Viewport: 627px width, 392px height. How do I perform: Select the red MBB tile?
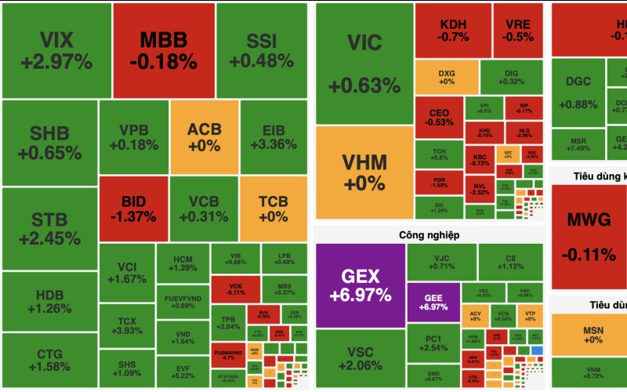click(x=164, y=50)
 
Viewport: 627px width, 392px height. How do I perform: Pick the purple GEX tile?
click(x=360, y=285)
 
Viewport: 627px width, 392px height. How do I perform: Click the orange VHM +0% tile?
click(x=364, y=172)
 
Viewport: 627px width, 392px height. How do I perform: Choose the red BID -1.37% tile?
click(x=133, y=209)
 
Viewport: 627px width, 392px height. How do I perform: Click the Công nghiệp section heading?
click(x=429, y=234)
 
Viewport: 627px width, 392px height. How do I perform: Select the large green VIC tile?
click(x=364, y=63)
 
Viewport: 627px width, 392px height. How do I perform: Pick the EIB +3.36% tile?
click(x=273, y=137)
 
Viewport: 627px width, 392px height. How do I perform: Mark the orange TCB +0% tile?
click(x=273, y=209)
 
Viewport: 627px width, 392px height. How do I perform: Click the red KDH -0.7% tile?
click(x=453, y=31)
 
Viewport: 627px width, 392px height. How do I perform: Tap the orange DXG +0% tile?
click(x=446, y=77)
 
